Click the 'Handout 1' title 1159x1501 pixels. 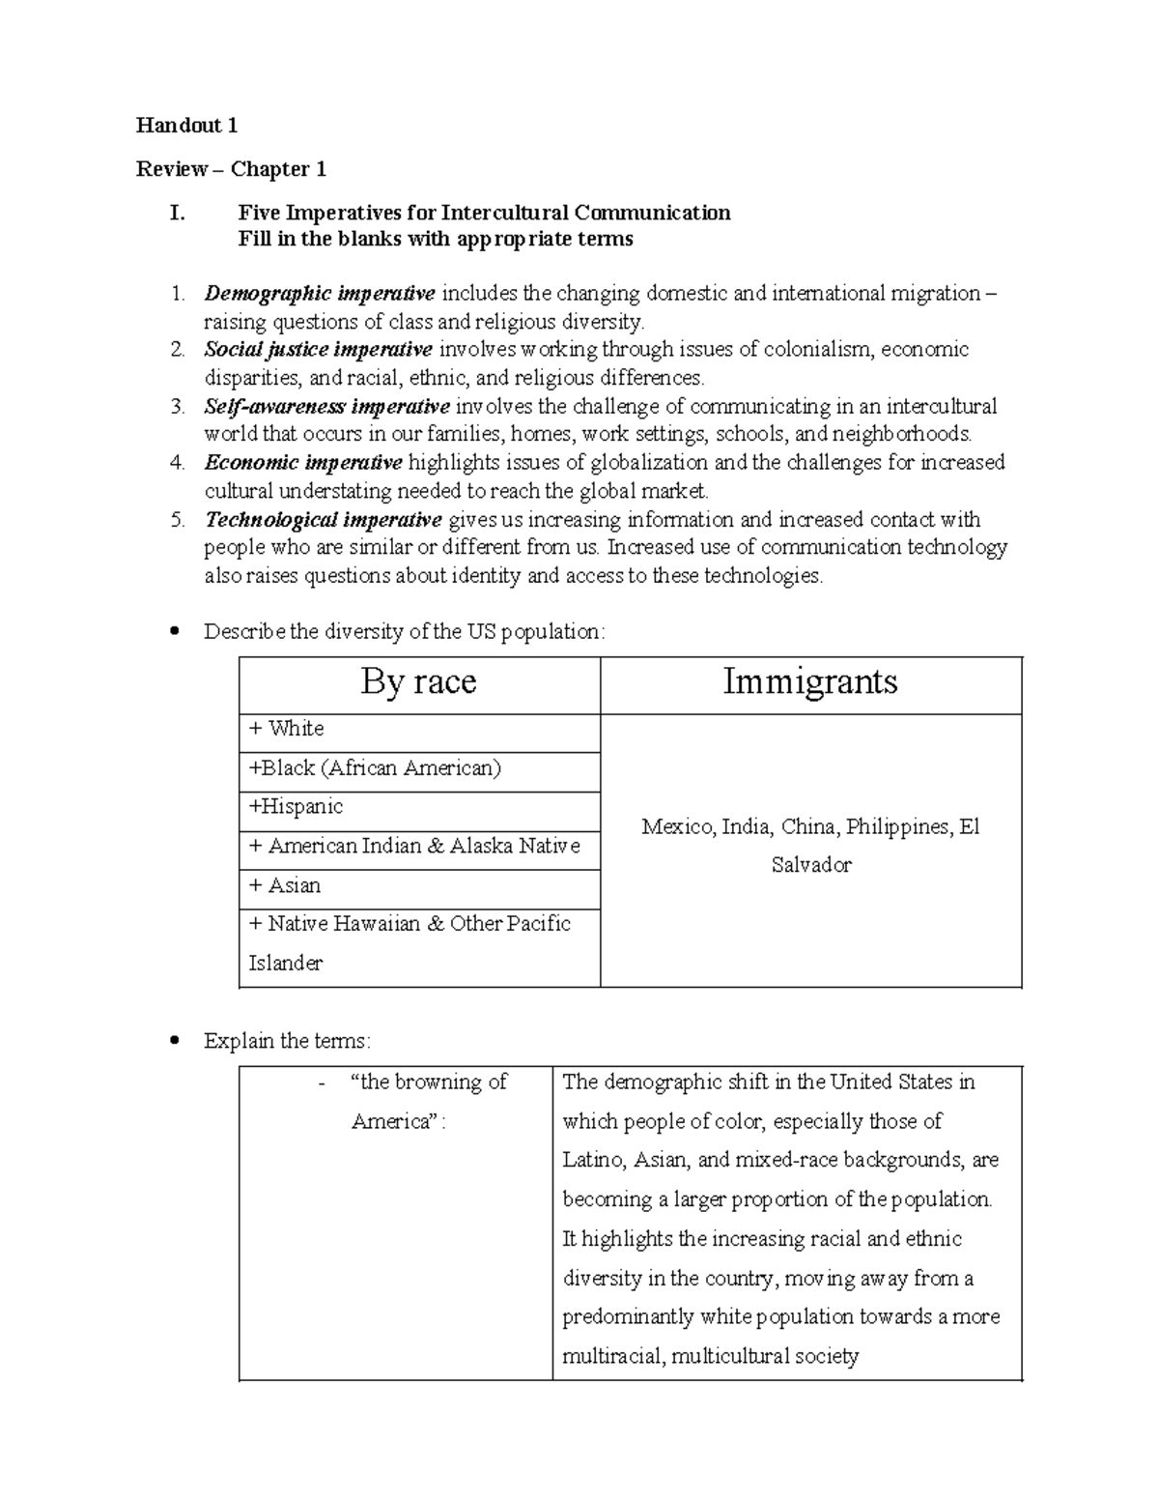(x=186, y=126)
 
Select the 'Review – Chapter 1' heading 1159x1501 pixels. (x=231, y=169)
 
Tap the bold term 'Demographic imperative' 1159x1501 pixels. (x=320, y=293)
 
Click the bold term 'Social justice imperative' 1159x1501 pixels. (x=318, y=349)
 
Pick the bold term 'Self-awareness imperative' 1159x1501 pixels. (x=326, y=406)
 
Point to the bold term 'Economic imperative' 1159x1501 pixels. (x=303, y=462)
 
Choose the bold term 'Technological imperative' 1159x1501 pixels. (x=324, y=519)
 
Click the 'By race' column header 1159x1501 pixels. (x=418, y=682)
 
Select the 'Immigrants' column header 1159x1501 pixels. (x=810, y=682)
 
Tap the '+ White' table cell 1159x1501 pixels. (x=286, y=729)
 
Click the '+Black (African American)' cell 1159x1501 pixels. (x=375, y=768)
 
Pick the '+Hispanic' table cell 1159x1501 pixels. (x=296, y=807)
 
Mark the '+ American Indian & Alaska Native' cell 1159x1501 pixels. (x=414, y=847)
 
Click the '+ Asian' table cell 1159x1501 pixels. (x=285, y=885)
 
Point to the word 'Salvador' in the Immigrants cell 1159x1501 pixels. (x=811, y=865)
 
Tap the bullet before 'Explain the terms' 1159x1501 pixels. (x=175, y=1041)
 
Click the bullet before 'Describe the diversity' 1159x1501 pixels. (x=175, y=632)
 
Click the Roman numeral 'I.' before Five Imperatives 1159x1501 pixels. (x=177, y=213)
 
